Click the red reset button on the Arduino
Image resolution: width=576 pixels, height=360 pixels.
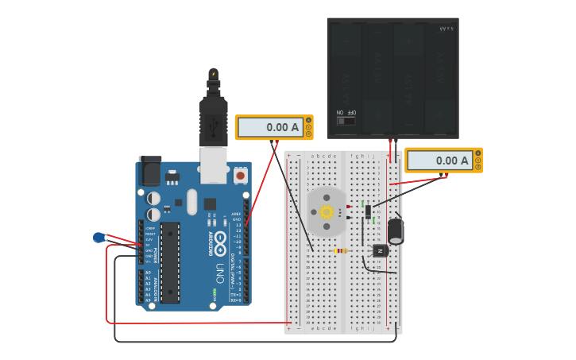tap(240, 173)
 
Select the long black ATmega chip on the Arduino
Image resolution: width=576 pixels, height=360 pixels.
tap(170, 262)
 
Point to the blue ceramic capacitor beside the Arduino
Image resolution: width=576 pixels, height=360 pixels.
tap(99, 237)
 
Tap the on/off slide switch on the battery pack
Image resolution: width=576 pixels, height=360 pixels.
tap(346, 121)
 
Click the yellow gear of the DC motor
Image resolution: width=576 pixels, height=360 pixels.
tap(327, 211)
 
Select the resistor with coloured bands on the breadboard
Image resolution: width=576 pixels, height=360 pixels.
tap(340, 250)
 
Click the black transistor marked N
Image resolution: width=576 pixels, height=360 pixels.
tap(381, 250)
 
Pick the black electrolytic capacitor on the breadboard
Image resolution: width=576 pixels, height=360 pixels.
tap(395, 230)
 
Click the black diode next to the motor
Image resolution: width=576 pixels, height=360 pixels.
tap(367, 212)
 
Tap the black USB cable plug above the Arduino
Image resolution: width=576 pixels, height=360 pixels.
tap(213, 111)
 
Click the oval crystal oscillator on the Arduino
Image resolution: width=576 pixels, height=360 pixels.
tap(191, 202)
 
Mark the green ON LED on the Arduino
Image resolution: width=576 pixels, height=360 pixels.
tap(214, 294)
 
